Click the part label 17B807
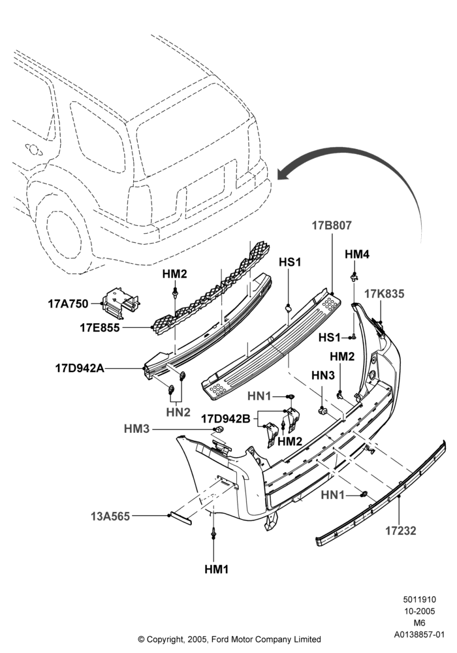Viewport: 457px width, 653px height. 332,225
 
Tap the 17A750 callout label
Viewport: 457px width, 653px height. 69,304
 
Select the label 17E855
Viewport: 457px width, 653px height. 99,328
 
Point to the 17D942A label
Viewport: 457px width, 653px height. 80,368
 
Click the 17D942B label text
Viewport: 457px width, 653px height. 226,419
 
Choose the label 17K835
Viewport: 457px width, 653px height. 384,294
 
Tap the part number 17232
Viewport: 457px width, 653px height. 400,530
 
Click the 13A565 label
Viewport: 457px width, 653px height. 110,517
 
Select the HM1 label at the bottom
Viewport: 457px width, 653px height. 217,569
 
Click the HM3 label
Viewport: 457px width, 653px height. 136,428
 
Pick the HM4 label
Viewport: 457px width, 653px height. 356,254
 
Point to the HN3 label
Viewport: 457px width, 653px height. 323,375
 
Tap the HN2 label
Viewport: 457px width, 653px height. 178,412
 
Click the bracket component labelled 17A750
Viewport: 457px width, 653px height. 120,302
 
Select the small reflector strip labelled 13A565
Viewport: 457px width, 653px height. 180,518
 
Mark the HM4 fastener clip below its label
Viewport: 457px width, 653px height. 354,276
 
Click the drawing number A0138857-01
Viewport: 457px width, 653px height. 419,635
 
